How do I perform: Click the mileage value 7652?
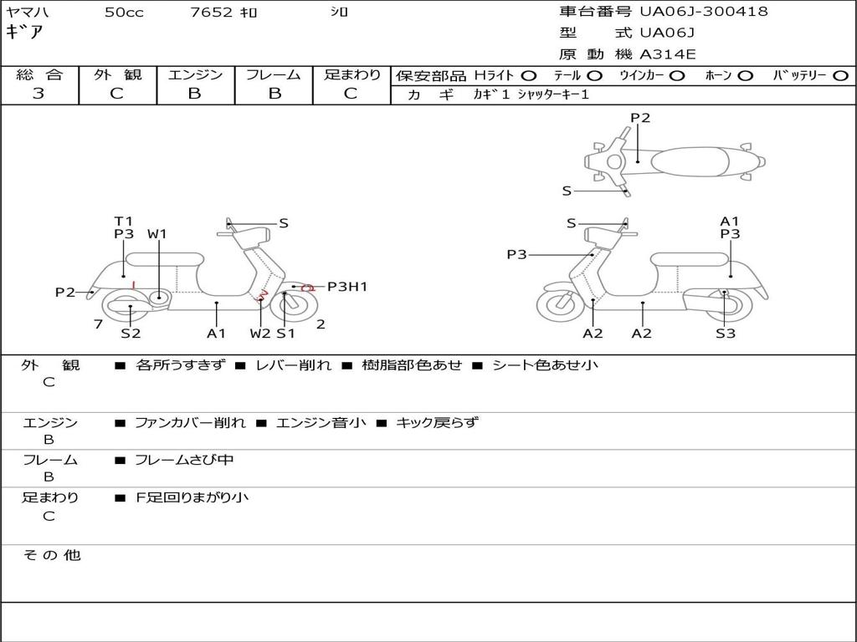pos(211,12)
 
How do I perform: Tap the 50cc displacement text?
pos(124,12)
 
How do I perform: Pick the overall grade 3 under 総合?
pos(38,94)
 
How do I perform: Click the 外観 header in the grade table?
pos(117,74)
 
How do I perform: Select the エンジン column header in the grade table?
pos(195,74)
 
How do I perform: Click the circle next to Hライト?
pos(528,76)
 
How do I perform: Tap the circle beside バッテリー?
pos(840,76)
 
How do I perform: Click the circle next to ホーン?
pos(745,76)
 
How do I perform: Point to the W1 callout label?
pos(157,234)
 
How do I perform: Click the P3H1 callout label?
pos(347,287)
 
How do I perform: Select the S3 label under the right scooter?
pos(726,334)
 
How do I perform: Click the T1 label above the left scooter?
pos(124,221)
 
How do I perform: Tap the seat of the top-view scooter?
pos(690,162)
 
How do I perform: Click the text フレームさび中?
pos(184,461)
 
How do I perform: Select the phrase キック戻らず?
pos(437,422)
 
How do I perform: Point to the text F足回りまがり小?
pos(192,497)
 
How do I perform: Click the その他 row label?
pos(52,555)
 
